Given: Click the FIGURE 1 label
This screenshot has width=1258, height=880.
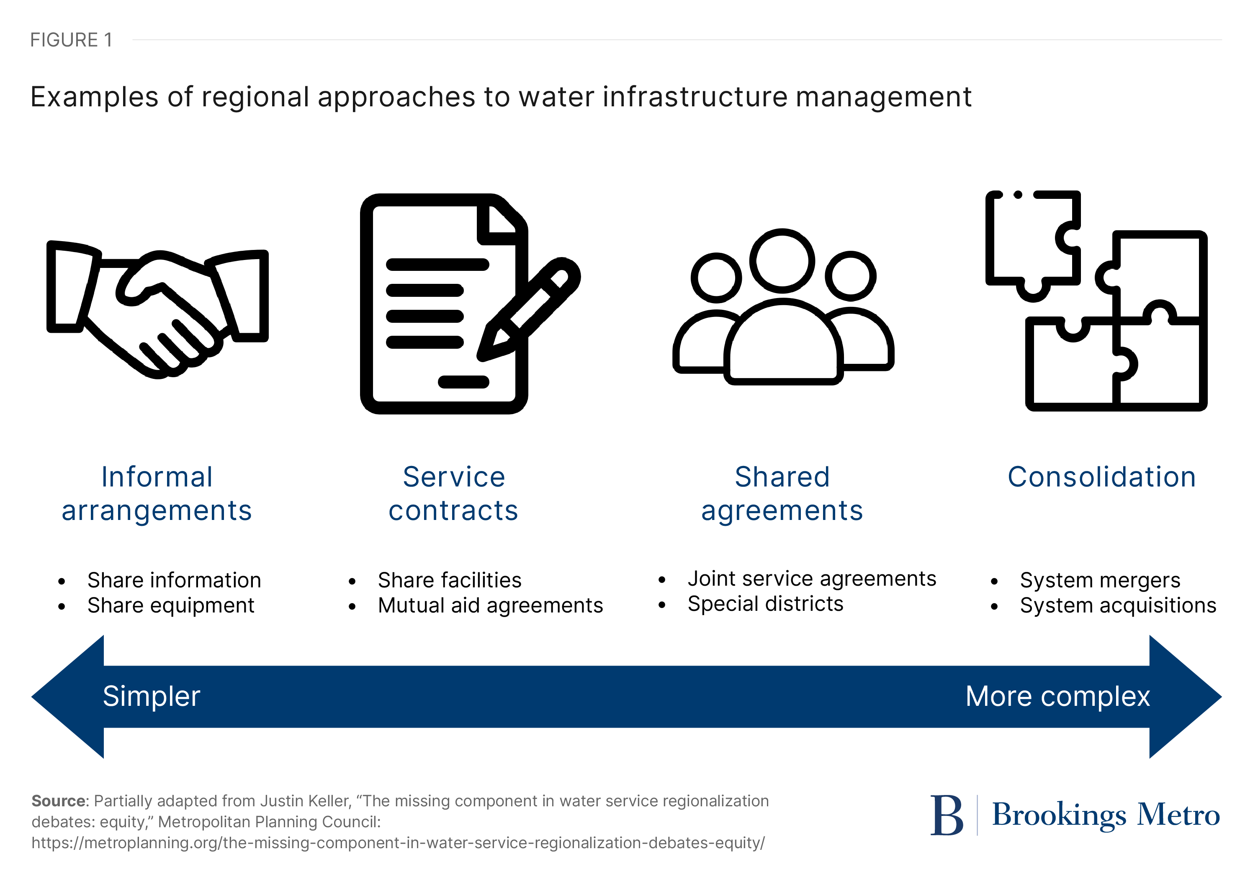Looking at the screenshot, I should pos(71,40).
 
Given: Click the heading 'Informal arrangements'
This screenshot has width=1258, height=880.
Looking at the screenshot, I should pos(157,493).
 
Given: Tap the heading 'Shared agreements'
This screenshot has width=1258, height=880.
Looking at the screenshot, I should pos(782,493).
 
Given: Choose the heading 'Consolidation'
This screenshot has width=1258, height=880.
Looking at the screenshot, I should pos(1102,477).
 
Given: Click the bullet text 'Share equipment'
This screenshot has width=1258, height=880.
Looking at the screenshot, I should pos(170,605).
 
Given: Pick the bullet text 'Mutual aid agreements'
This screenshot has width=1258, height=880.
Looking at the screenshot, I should pos(490,605).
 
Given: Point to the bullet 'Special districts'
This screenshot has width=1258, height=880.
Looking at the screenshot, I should pos(765,604).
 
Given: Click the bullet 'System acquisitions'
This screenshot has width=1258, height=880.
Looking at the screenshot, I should pos(1118,605).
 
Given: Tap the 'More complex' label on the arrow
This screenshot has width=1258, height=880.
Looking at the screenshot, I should pos(1057,697).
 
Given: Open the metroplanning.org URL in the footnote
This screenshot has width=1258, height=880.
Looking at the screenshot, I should pos(398,843).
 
